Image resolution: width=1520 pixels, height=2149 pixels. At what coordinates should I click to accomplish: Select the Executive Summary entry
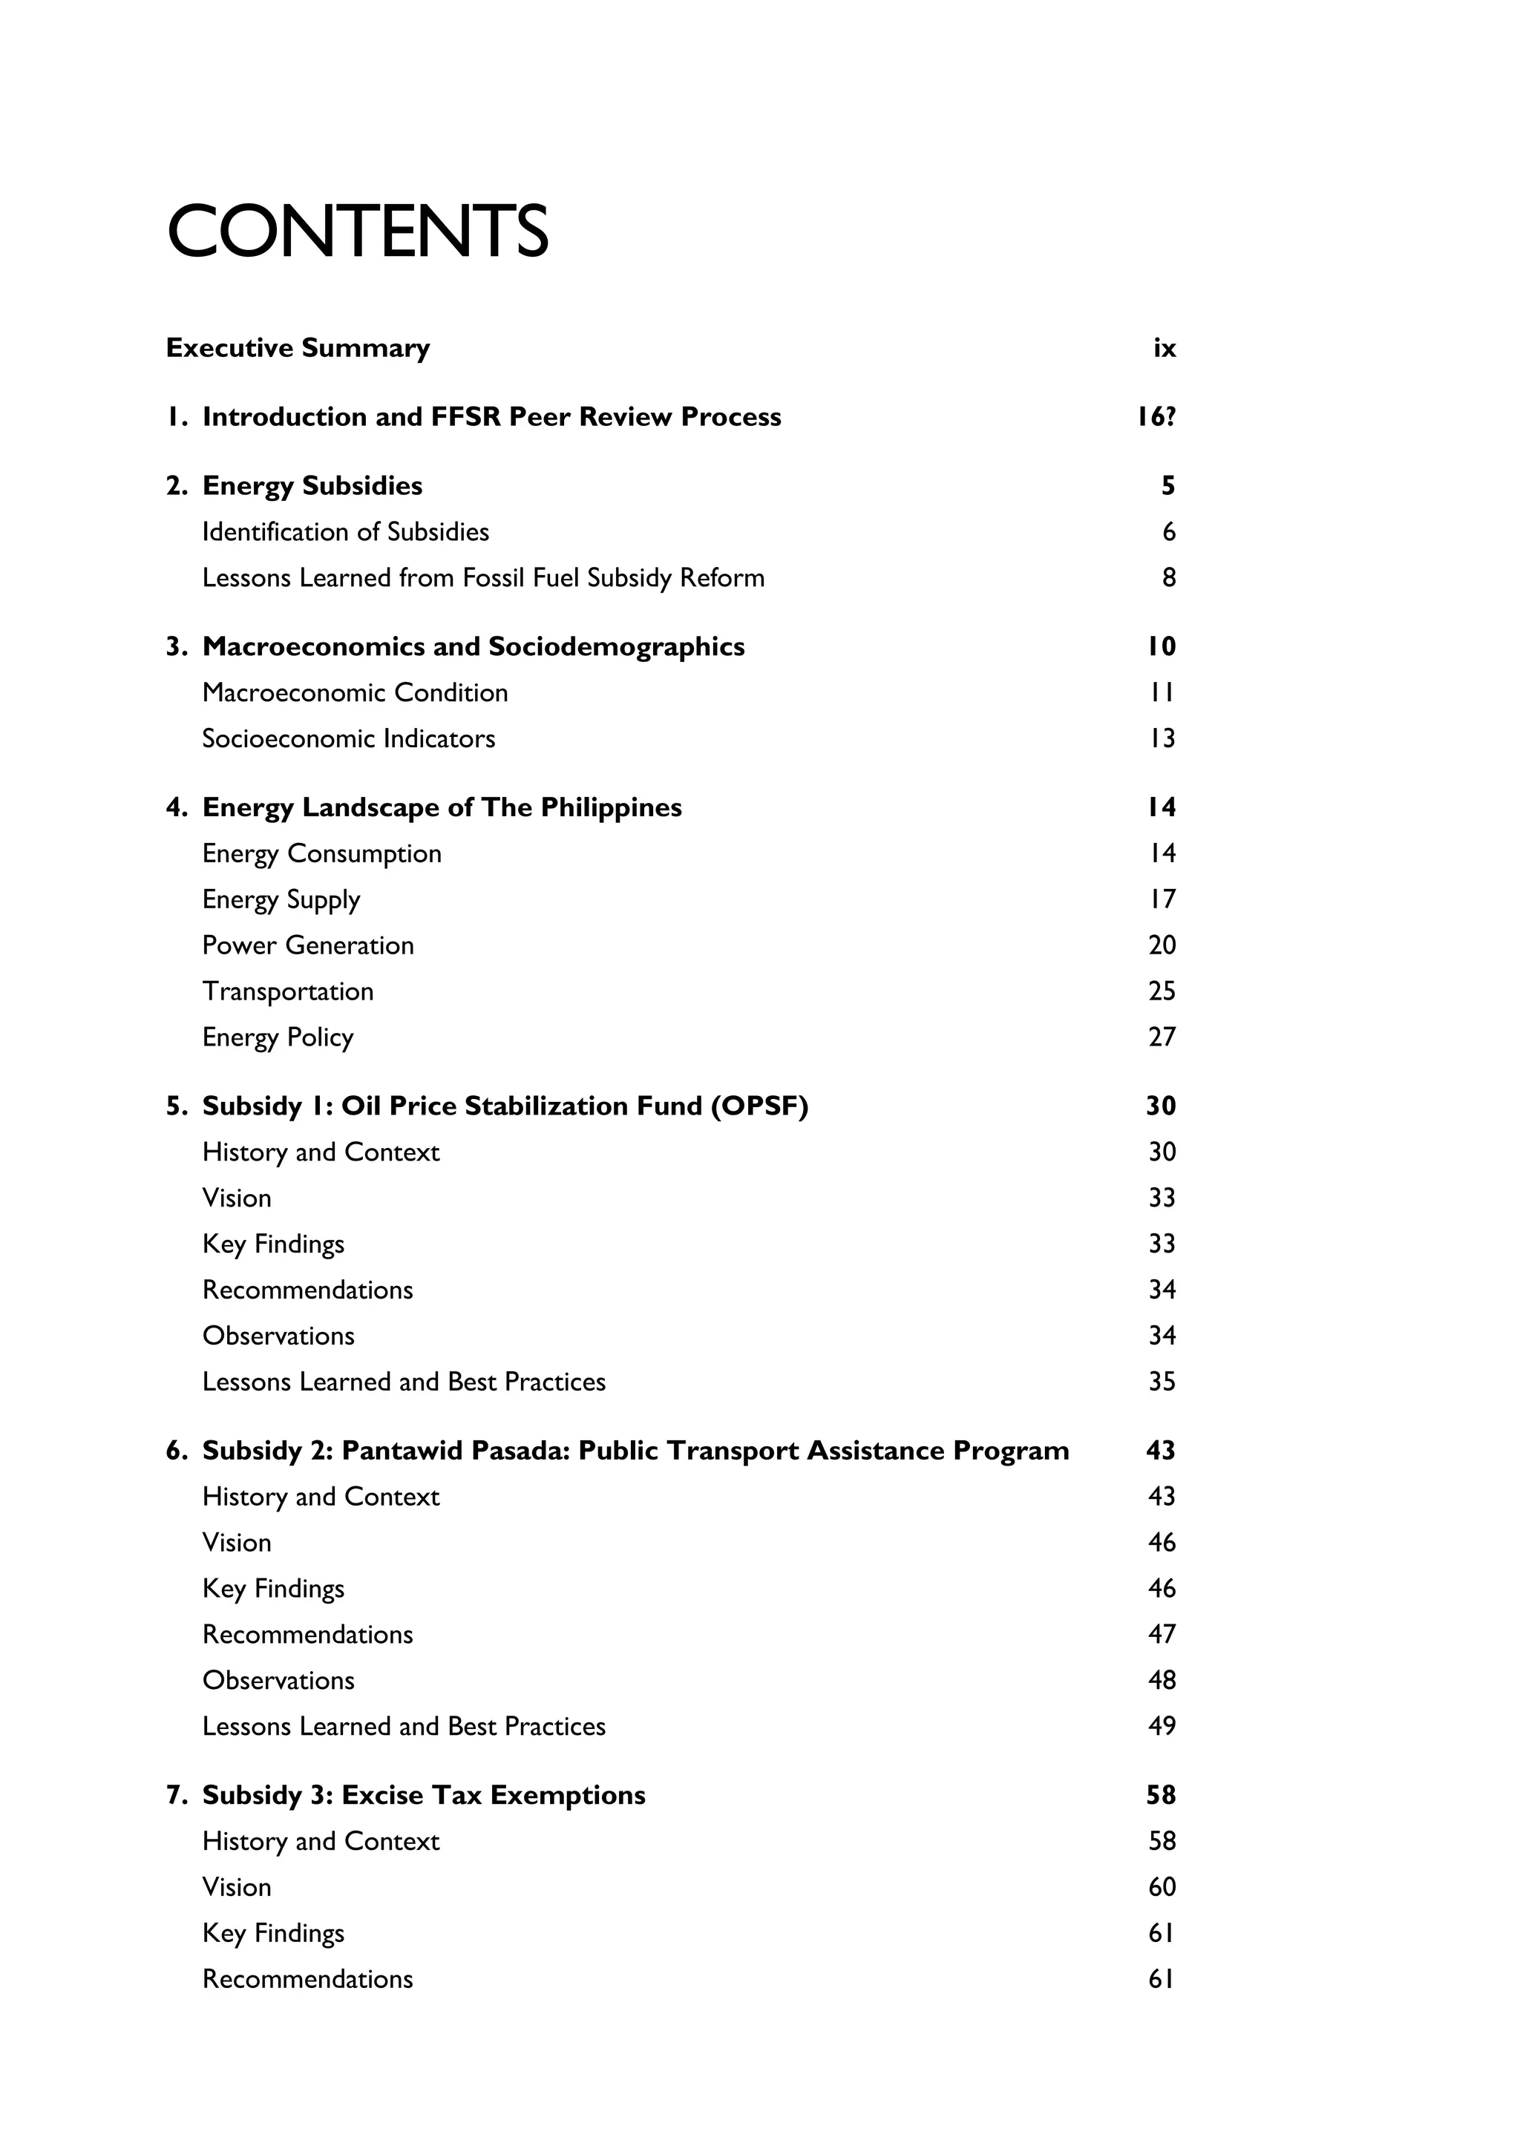click(298, 348)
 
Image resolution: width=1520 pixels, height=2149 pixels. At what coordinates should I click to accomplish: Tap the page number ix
click(1164, 348)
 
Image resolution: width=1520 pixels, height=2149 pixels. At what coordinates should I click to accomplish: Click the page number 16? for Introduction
click(1156, 418)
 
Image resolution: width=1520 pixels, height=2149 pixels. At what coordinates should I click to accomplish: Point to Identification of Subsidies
click(345, 533)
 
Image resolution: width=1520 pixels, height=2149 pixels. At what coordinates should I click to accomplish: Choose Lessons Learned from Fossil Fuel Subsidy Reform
click(483, 578)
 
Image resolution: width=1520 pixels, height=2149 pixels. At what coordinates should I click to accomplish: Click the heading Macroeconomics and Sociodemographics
click(473, 647)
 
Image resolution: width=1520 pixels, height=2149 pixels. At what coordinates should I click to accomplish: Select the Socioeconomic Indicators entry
click(348, 738)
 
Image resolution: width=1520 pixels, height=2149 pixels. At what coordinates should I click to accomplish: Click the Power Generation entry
click(308, 945)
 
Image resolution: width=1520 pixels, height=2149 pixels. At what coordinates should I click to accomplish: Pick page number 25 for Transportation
click(1162, 991)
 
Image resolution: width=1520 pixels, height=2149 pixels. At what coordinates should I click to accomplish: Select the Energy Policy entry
click(278, 1037)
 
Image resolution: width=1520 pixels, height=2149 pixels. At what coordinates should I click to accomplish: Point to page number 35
click(1162, 1382)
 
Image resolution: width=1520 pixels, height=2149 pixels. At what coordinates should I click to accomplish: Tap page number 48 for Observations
click(1162, 1680)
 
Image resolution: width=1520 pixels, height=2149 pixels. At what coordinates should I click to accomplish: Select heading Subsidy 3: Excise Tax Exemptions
click(423, 1795)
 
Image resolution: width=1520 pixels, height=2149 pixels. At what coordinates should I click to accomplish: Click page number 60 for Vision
click(1162, 1887)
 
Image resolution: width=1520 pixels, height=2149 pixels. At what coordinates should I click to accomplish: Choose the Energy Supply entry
click(281, 899)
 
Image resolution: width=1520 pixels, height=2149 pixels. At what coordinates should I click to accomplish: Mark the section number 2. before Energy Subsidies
click(177, 487)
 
